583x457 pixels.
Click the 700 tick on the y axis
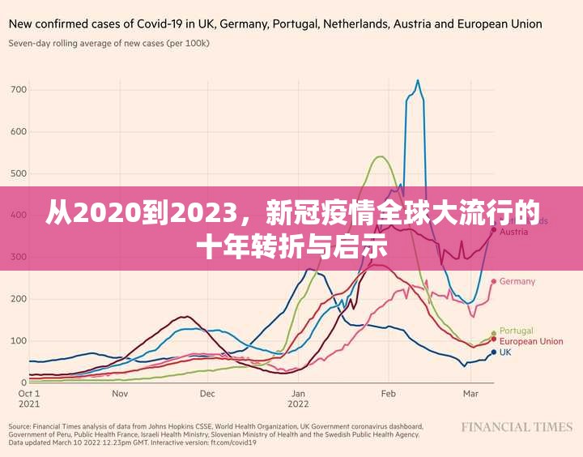tap(18, 89)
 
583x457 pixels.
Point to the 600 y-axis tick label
tap(18, 131)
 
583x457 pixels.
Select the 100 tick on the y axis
tap(18, 340)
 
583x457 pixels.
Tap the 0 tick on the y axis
tap(23, 382)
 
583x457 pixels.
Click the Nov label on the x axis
tap(121, 393)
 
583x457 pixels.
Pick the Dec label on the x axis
tap(207, 393)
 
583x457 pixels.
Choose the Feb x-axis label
tap(388, 393)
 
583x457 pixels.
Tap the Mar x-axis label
tap(470, 393)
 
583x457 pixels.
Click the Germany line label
tap(517, 282)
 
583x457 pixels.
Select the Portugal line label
tap(517, 331)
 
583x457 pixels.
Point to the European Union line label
tap(531, 341)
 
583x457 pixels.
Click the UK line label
tap(505, 352)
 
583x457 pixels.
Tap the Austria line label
tap(514, 232)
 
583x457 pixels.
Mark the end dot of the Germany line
tap(493, 282)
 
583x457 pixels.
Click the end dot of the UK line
tap(493, 352)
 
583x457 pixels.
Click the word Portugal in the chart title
tap(296, 24)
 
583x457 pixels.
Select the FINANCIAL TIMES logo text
tap(517, 427)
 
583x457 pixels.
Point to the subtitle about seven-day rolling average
tap(109, 42)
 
